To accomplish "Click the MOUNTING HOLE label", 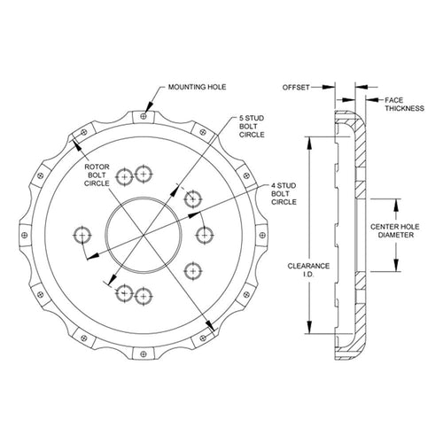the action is click(197, 87).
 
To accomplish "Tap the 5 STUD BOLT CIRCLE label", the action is click(252, 127).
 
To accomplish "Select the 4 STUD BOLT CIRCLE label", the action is click(284, 194).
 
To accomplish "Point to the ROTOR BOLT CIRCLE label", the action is click(97, 175).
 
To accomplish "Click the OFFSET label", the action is click(296, 88).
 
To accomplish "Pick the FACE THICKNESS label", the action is click(404, 105).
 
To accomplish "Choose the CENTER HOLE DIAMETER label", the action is click(395, 231).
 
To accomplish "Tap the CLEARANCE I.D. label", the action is click(308, 270).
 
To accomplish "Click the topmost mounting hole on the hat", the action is click(144, 116).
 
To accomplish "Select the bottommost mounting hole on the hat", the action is click(144, 354).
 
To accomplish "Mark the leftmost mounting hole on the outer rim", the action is click(25, 235).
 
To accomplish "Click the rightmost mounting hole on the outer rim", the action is click(262, 235).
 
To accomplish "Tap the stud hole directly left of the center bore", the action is click(82, 235).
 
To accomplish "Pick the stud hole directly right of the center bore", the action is click(205, 235).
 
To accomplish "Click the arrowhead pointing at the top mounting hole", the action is click(150, 106).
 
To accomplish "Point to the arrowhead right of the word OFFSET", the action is click(329, 87).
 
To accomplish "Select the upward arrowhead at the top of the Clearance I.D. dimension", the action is click(309, 144).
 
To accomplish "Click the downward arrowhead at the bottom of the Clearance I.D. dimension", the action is click(309, 327).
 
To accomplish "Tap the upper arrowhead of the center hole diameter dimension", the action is click(396, 206).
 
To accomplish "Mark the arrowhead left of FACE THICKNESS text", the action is click(372, 100).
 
